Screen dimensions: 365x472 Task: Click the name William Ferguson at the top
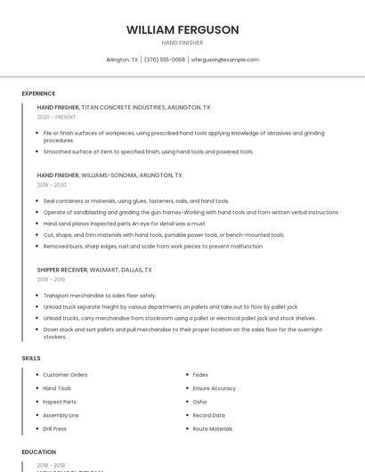[x=182, y=29]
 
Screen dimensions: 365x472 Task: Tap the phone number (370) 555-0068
[x=164, y=60]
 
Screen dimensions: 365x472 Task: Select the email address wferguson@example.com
[x=225, y=60]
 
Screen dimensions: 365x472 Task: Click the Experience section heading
[x=38, y=94]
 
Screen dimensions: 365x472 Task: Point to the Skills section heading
[x=31, y=358]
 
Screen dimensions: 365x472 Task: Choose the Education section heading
[x=38, y=452]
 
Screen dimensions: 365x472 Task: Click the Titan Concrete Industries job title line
[x=124, y=107]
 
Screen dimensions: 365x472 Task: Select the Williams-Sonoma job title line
[x=109, y=175]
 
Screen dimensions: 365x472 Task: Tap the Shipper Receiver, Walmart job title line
[x=94, y=269]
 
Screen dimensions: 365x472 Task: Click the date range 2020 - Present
[x=56, y=117]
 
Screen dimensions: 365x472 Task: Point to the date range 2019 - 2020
[x=52, y=185]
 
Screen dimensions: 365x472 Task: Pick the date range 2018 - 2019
[x=51, y=279]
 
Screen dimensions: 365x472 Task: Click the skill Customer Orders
[x=65, y=375]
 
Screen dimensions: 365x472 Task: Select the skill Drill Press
[x=56, y=428]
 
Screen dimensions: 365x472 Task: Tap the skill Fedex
[x=200, y=375]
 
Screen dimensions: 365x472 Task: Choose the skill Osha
[x=199, y=402]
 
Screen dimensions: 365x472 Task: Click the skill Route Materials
[x=213, y=428]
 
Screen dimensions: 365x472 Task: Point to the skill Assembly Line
[x=61, y=415]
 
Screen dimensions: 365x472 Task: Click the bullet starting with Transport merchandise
[x=100, y=295]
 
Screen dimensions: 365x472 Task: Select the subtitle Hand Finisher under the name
[x=182, y=43]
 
